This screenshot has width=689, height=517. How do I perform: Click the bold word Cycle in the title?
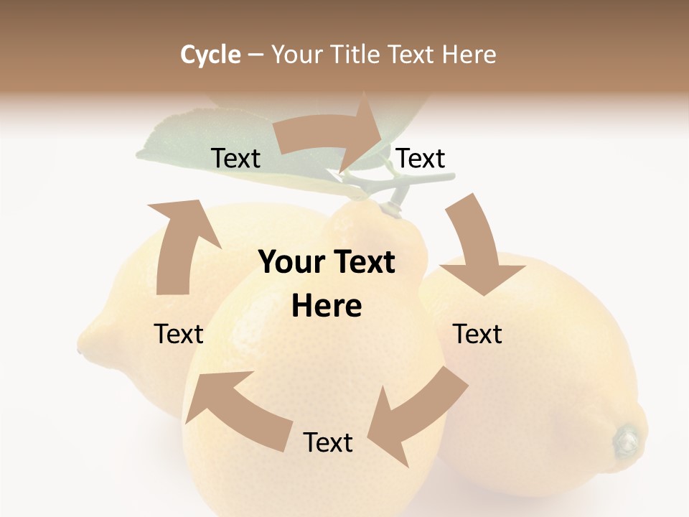[x=210, y=55]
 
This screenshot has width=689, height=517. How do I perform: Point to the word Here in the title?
[x=469, y=55]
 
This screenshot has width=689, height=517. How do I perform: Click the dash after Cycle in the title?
[x=255, y=55]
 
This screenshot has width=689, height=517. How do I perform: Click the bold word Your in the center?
[x=290, y=263]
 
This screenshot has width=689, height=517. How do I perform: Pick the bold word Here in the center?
[x=327, y=307]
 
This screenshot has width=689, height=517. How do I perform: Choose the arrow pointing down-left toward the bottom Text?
[x=416, y=413]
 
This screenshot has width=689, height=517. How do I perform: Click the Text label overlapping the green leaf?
[x=235, y=159]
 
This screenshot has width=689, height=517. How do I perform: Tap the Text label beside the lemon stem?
[x=421, y=159]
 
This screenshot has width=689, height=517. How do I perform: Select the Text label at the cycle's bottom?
[x=328, y=443]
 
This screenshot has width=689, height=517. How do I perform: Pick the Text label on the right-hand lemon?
[x=477, y=335]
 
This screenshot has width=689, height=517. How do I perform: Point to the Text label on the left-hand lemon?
[x=179, y=335]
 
